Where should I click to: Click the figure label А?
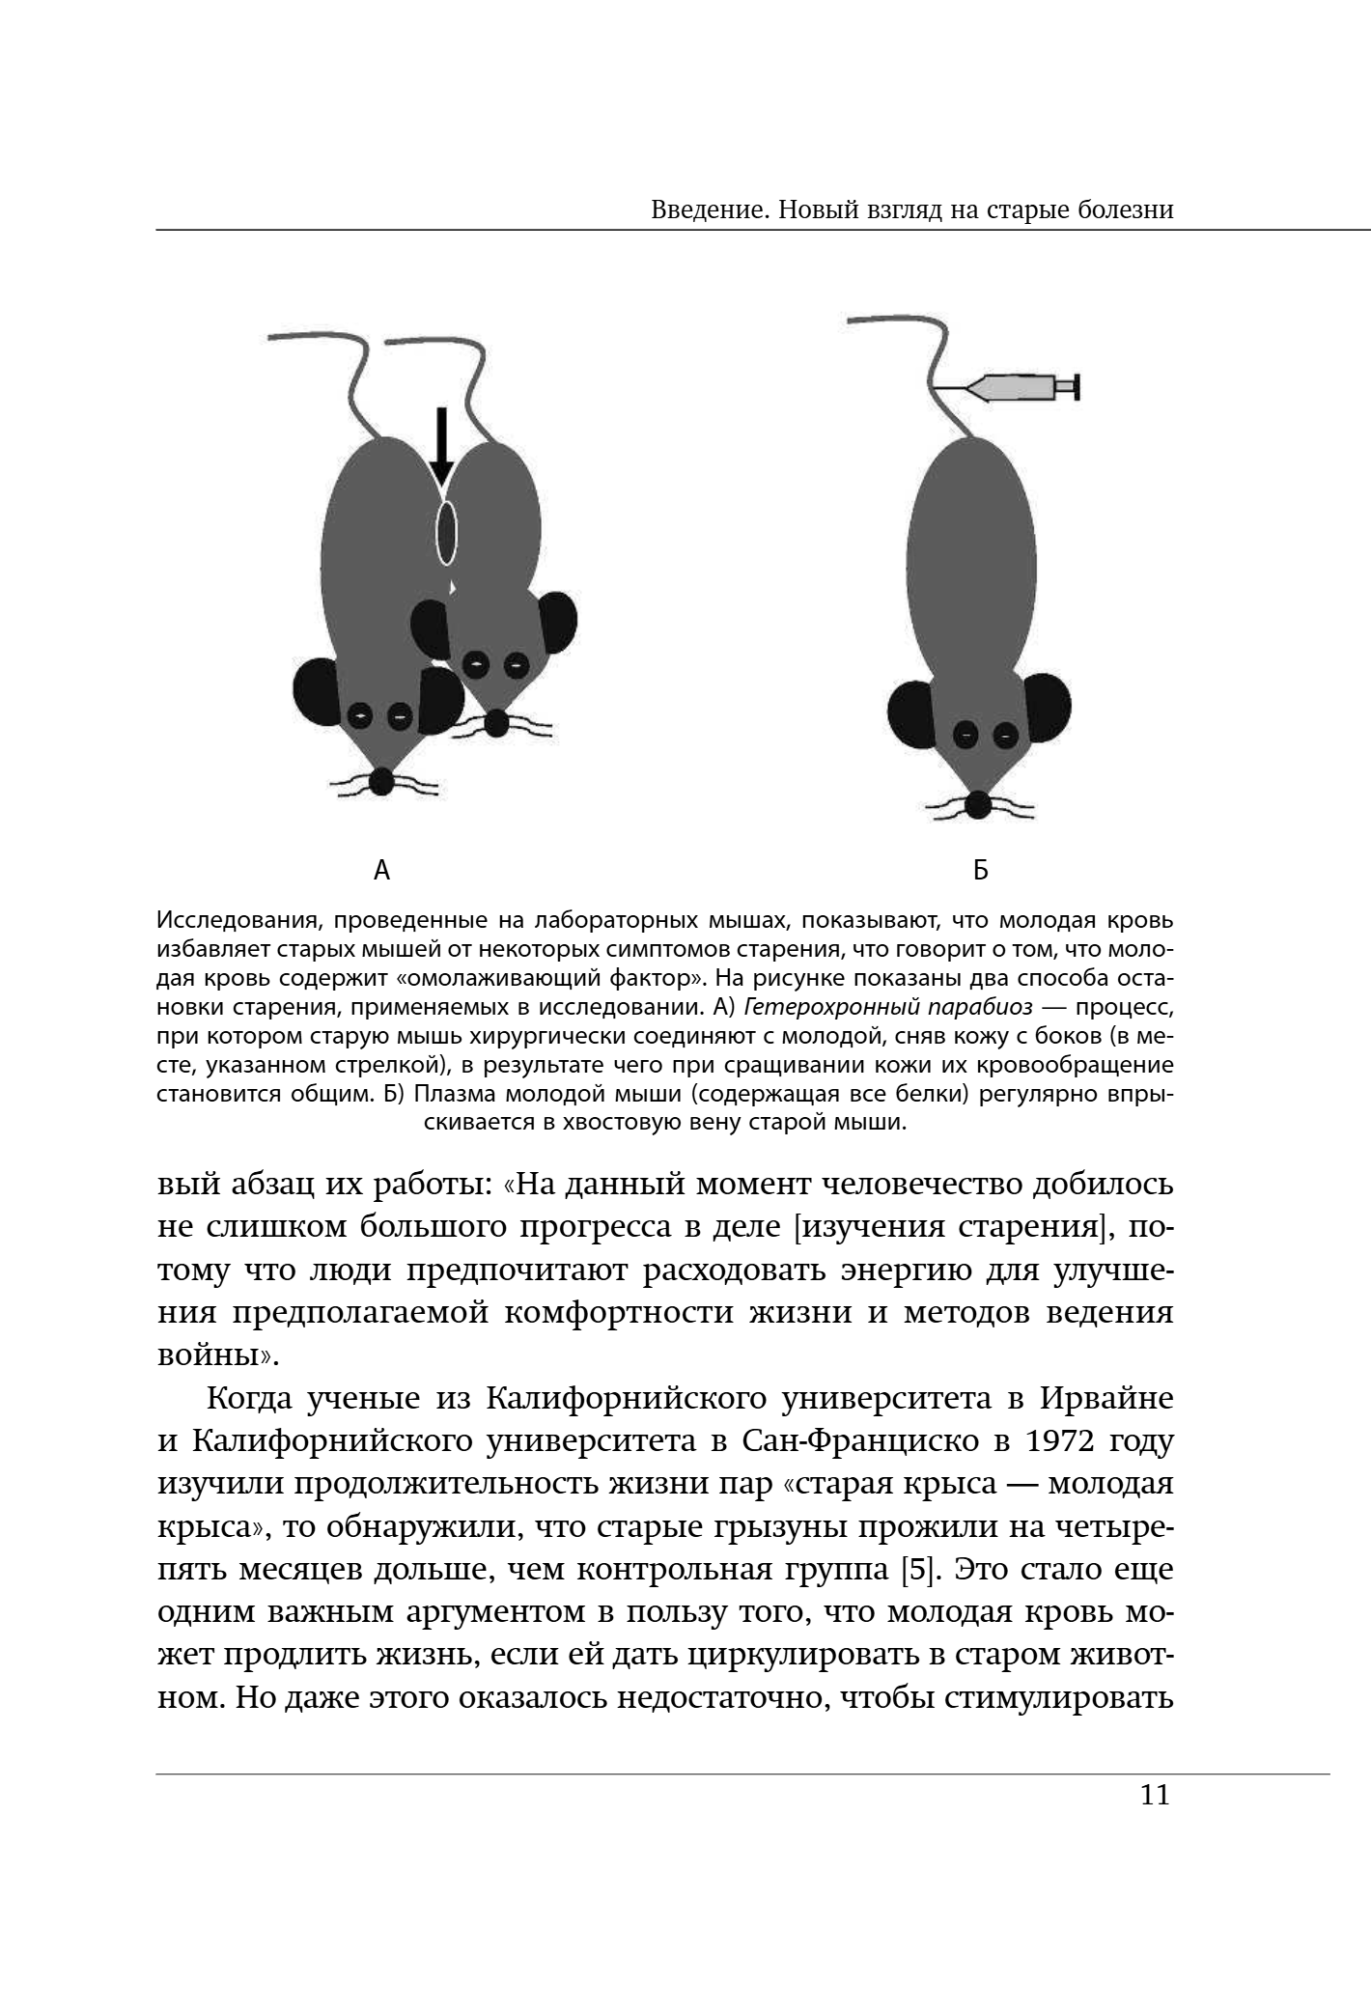381,871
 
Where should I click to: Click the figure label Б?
980,871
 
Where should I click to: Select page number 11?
1155,1796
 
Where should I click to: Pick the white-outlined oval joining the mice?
445,532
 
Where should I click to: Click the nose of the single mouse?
978,804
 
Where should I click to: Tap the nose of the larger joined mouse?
382,781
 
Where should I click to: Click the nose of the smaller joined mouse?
496,722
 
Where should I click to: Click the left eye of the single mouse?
964,735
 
